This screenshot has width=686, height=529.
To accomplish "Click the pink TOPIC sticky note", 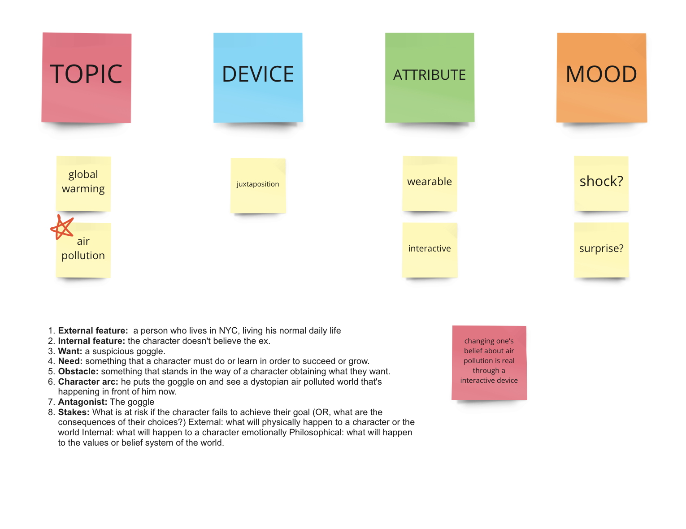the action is coord(86,78).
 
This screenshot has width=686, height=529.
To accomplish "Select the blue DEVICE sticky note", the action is coord(258,78).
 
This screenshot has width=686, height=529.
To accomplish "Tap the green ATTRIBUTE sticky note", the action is coord(430,78).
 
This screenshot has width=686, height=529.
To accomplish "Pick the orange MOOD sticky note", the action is coord(601,78).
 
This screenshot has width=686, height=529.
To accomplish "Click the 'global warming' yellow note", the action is coord(83,184).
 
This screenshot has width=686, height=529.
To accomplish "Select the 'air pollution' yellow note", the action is coord(83,251).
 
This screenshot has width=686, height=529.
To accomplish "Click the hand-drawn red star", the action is coord(62,227).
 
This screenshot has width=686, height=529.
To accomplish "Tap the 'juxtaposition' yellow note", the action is coord(258,186).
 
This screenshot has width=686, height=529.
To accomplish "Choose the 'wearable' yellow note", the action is coord(430,184).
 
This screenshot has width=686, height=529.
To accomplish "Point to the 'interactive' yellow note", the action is coord(430,250).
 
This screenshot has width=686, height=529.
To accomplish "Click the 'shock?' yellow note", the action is coord(601,183).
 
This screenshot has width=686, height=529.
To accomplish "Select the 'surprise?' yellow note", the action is coord(601,250).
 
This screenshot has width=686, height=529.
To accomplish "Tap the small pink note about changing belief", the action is coord(489,363).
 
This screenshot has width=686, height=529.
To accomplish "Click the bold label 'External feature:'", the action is coord(93,330).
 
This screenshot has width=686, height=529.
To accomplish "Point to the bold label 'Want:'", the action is coord(70,351).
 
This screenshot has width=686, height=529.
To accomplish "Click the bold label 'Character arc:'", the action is coord(88,382).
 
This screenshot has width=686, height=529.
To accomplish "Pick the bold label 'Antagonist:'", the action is coord(82,402).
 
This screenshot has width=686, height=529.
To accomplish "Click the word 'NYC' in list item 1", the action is coord(228,330).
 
